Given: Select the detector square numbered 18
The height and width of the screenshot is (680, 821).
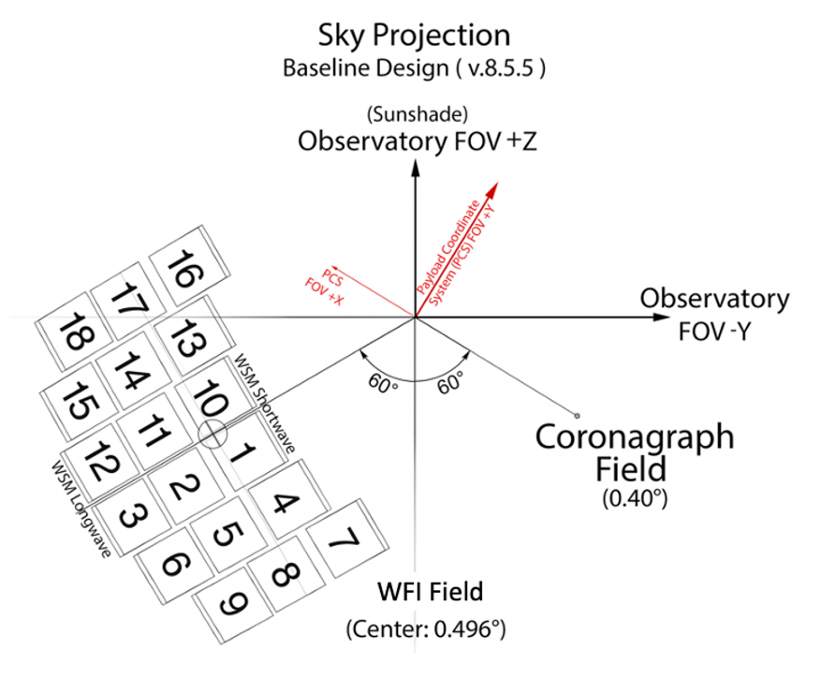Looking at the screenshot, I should click(73, 333).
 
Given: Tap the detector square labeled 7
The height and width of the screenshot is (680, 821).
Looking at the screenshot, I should click(344, 541).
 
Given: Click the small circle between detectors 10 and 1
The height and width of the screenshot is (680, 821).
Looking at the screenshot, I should click(213, 434).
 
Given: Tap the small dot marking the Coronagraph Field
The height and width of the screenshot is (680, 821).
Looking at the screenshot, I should click(577, 415).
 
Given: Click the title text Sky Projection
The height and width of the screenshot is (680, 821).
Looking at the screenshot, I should click(414, 36).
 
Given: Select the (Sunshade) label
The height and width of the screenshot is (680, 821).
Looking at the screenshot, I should click(414, 115).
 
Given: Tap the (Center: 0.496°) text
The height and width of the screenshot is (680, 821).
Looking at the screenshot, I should click(431, 628).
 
